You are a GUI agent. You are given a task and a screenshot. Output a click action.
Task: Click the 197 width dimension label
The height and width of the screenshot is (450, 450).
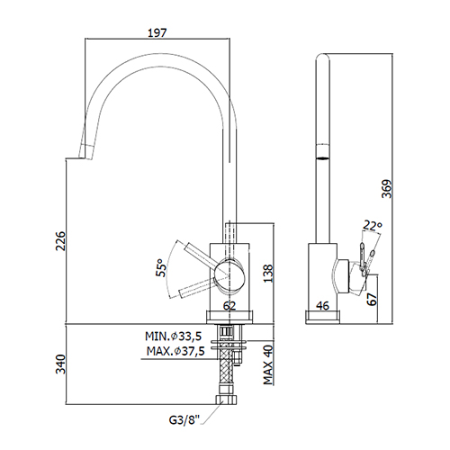157,32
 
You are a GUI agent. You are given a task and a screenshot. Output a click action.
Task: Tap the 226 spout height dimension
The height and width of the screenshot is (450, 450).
61,240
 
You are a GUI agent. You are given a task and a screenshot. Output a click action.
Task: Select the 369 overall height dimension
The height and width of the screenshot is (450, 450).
387,189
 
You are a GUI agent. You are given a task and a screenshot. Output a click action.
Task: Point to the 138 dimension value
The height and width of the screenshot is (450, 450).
268,274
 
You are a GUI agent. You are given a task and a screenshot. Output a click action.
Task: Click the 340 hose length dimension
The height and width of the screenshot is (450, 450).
61,364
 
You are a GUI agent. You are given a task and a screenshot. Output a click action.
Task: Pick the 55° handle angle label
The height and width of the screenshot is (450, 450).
161,268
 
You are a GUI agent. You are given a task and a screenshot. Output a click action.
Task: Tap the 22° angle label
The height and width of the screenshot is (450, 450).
373,225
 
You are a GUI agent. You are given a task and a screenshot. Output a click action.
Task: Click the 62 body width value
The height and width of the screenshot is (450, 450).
229,306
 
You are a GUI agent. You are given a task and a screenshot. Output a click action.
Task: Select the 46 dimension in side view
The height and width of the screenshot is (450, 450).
323,306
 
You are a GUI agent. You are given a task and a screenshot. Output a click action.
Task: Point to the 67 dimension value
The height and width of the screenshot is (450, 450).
372,299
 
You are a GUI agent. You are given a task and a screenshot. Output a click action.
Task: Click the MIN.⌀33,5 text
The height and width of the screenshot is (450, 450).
174,337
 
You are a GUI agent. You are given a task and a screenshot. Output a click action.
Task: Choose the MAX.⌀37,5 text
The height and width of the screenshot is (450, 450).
175,351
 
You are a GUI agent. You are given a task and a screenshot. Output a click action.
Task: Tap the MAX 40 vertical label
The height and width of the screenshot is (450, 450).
268,365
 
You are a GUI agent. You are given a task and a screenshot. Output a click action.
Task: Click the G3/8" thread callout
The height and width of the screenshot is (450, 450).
184,420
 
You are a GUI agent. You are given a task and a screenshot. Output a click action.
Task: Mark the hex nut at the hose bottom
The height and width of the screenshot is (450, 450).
226,400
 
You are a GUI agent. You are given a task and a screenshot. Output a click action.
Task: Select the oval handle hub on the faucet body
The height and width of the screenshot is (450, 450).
229,274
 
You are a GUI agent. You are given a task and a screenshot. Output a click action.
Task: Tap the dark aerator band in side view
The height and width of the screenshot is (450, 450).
323,157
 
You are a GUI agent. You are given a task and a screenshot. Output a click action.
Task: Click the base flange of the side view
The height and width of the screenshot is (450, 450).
323,318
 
